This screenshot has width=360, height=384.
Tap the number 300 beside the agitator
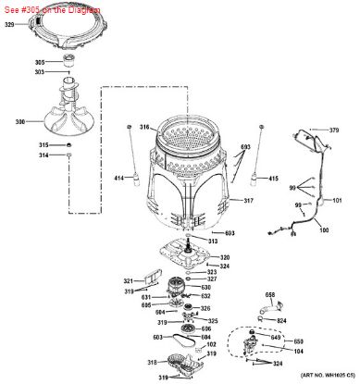20,122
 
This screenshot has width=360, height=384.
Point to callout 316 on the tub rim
144,126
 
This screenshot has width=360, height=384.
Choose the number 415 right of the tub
273,178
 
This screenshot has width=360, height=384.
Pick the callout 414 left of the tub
118,177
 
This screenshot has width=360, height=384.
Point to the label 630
207,287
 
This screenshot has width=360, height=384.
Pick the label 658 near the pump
269,295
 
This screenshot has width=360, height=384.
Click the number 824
282,320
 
